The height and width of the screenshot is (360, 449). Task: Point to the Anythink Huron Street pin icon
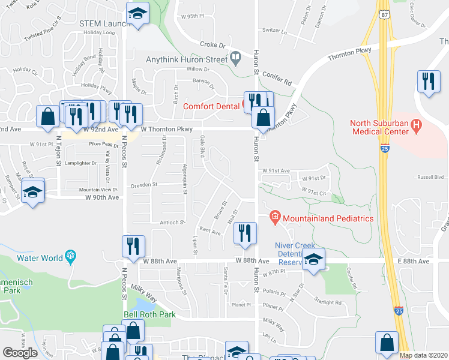coord(235,59)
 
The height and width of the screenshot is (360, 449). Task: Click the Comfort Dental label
coord(212,106)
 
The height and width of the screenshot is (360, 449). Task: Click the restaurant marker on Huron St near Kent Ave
coord(244,233)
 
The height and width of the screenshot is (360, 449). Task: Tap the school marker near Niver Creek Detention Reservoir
coord(313,259)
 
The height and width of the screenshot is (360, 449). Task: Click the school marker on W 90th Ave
coord(32,191)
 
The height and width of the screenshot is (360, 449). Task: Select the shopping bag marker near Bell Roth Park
coord(133,329)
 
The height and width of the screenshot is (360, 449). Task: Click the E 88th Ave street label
coord(412,262)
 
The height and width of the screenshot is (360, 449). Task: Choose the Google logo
coord(20,353)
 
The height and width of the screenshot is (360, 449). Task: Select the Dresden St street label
coord(144,184)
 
